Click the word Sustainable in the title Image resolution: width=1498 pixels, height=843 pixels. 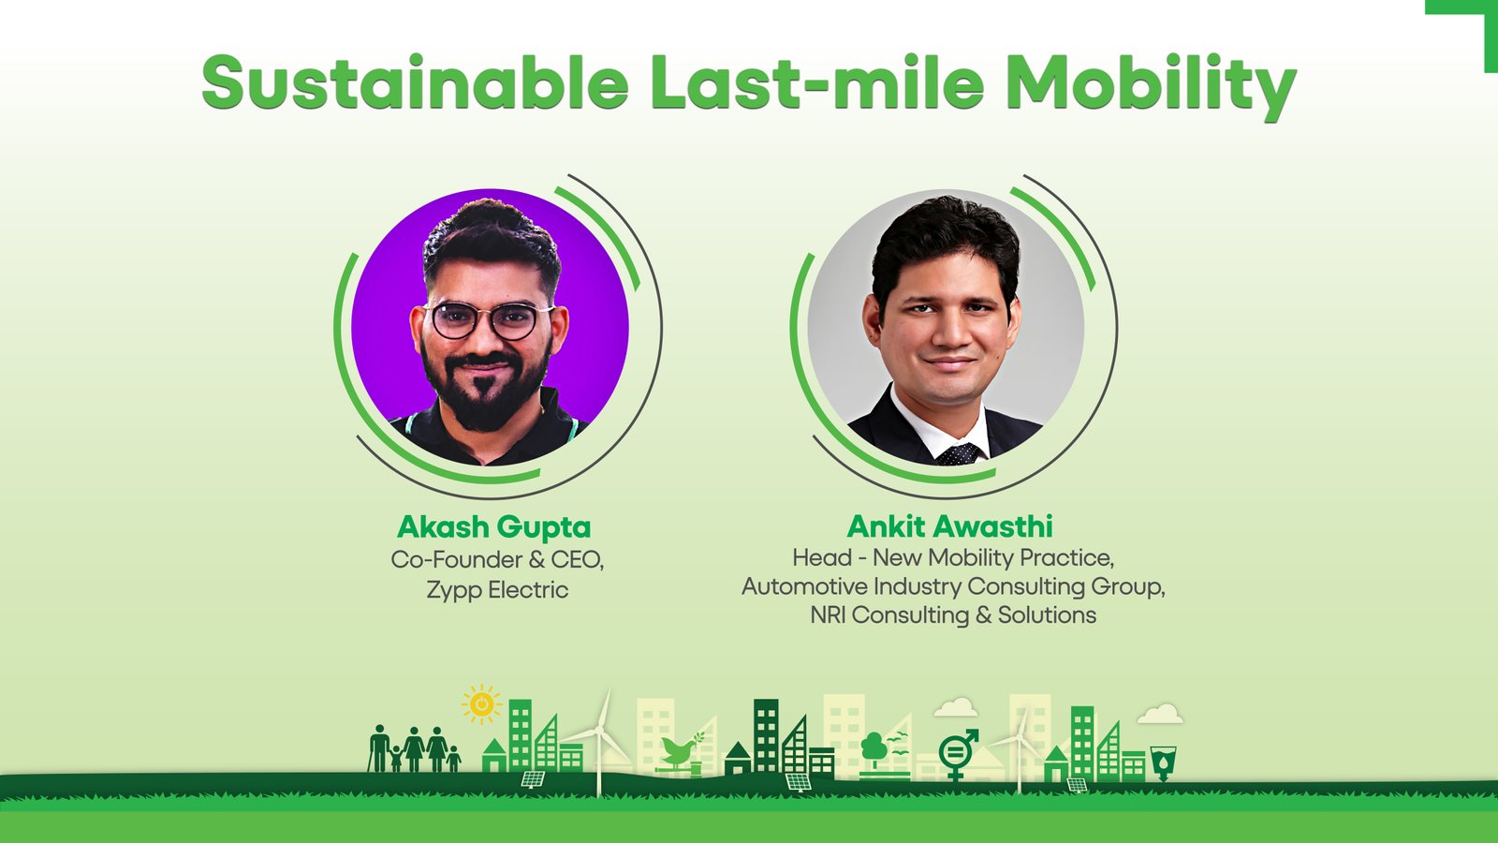point(416,82)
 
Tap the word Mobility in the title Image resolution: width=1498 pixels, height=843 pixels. point(1151,87)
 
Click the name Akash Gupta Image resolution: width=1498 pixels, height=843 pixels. point(494,527)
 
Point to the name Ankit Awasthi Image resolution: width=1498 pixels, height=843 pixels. point(949,526)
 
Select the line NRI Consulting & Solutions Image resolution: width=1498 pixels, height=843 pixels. point(953,614)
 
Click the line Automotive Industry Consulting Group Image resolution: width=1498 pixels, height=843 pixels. point(953,586)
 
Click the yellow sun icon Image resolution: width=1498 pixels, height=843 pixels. point(481,703)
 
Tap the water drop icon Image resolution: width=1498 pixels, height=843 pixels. point(1163,762)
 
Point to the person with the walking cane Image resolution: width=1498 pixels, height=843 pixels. point(378,748)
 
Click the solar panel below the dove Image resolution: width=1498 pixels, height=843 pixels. point(799,781)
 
